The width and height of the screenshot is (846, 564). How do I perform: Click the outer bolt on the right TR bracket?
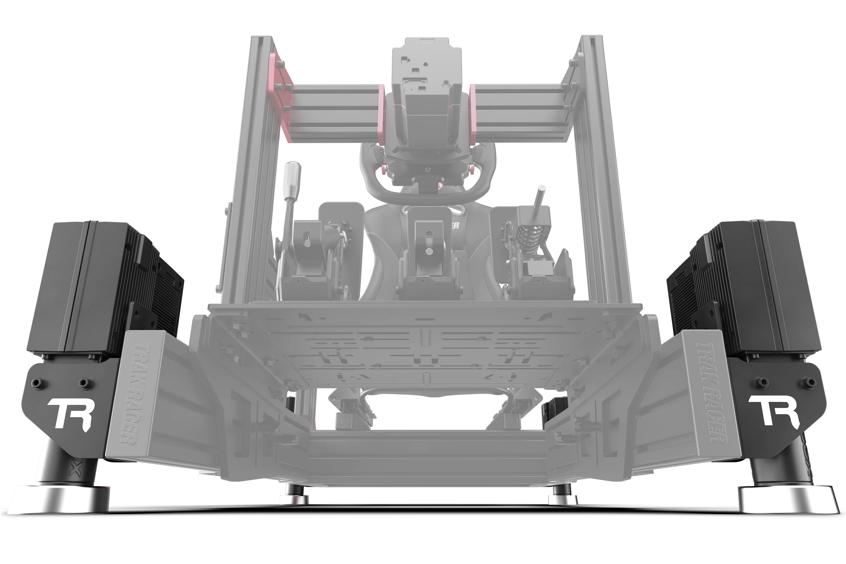[808, 382]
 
